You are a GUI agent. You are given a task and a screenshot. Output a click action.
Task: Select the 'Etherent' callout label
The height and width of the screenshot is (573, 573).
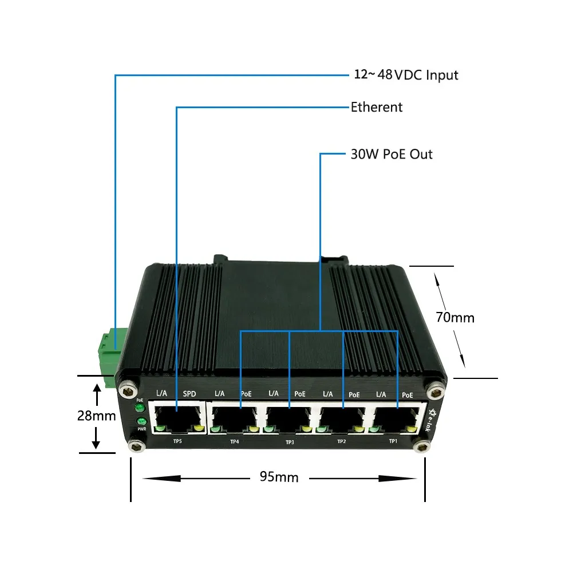(x=376, y=107)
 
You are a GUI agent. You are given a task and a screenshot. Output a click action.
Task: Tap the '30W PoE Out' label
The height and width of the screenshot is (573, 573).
(x=392, y=154)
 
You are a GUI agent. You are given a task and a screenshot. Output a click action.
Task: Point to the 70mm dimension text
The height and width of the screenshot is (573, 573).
(x=455, y=317)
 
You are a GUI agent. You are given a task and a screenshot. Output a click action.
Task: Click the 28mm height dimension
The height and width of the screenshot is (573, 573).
(x=97, y=416)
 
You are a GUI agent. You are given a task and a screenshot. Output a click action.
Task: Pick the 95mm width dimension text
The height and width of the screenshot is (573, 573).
(x=279, y=477)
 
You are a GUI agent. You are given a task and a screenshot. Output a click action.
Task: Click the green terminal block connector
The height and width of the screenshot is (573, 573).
(x=107, y=349)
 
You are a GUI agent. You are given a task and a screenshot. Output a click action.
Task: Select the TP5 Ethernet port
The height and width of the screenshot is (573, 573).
(x=177, y=418)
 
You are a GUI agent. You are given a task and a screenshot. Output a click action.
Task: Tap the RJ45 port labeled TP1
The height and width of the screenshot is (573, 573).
(x=396, y=418)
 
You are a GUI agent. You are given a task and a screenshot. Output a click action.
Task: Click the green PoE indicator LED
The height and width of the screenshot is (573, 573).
(x=139, y=408)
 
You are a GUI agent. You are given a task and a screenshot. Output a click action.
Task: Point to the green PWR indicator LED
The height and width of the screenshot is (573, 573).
(x=140, y=423)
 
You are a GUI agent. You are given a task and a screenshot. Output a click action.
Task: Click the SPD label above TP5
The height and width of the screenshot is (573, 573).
(x=189, y=394)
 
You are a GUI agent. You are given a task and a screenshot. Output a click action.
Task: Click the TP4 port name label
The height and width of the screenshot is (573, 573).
(x=234, y=441)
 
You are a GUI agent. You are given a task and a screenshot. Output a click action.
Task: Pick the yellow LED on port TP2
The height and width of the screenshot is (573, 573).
(x=359, y=429)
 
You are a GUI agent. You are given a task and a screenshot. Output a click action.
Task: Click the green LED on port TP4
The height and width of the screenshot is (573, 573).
(x=215, y=429)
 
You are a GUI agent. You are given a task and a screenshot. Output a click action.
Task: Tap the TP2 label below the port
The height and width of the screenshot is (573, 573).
(x=342, y=441)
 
